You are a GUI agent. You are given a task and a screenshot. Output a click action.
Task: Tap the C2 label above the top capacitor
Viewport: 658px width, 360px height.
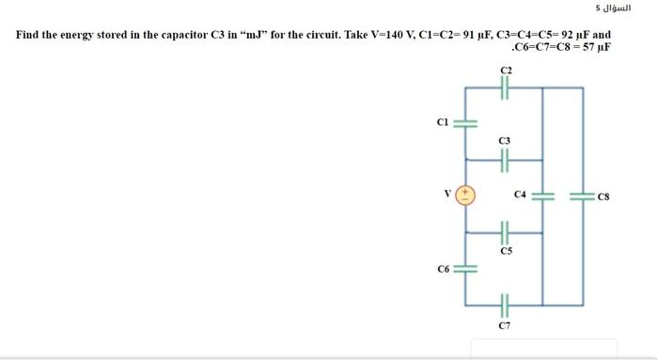506,70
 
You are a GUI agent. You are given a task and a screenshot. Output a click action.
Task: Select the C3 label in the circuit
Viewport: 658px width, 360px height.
505,141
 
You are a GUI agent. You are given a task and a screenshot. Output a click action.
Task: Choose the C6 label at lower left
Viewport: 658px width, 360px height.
444,269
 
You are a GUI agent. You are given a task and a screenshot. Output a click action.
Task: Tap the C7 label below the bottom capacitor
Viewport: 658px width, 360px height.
505,324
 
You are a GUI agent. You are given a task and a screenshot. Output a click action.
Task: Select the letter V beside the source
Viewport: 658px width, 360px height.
449,195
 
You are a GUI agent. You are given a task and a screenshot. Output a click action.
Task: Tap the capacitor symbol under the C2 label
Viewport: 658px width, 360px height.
506,88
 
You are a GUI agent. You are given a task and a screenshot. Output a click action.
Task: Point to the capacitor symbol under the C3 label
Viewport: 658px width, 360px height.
505,161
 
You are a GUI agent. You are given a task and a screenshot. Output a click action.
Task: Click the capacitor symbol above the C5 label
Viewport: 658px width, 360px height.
505,232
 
